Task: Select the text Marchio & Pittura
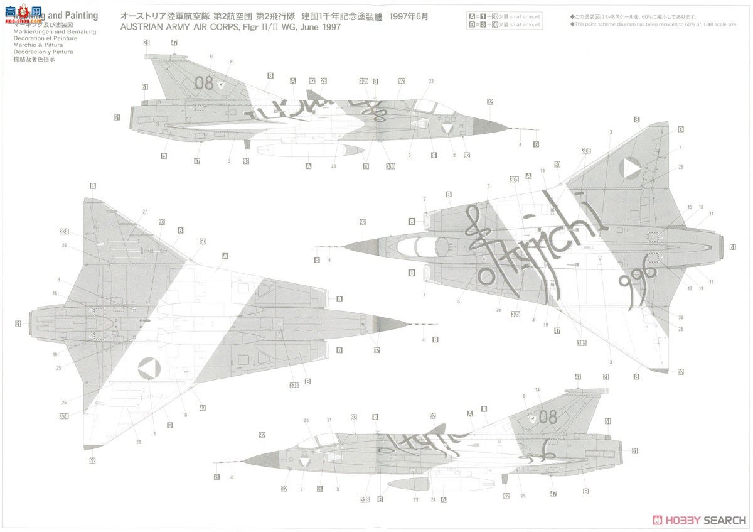click(35, 45)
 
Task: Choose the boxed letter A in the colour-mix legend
click(471, 16)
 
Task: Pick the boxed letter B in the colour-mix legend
click(471, 24)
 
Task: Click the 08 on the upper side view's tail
click(204, 82)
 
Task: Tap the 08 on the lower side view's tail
click(548, 416)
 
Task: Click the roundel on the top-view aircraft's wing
click(630, 168)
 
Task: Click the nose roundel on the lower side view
click(306, 463)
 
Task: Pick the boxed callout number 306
click(364, 81)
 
